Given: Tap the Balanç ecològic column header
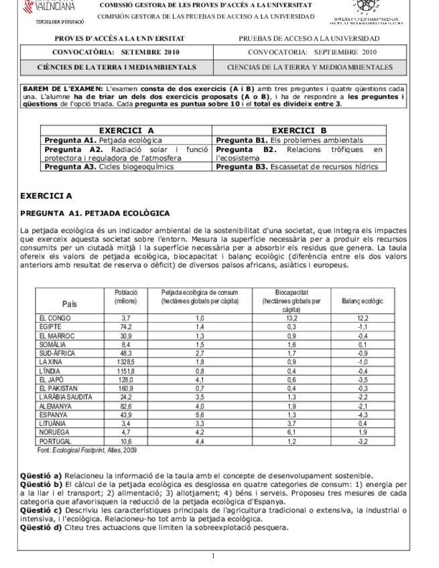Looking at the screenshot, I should [x=363, y=302].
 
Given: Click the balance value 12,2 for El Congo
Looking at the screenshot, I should [x=363, y=318].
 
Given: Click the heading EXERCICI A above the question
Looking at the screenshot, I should [x=46, y=196].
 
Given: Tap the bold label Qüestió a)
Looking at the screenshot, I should [x=42, y=475].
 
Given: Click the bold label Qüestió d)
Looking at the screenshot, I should [x=42, y=526].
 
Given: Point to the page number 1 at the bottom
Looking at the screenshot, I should [x=213, y=555].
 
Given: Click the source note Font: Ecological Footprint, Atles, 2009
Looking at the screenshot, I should [x=87, y=449].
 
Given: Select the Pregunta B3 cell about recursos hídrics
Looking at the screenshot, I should [x=300, y=167].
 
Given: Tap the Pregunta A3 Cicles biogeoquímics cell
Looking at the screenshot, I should [x=127, y=167].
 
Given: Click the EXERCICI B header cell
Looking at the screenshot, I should [x=300, y=131].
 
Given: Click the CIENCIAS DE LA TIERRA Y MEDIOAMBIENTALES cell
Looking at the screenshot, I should [x=309, y=68].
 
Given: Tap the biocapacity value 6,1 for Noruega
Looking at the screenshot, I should [x=291, y=433].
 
